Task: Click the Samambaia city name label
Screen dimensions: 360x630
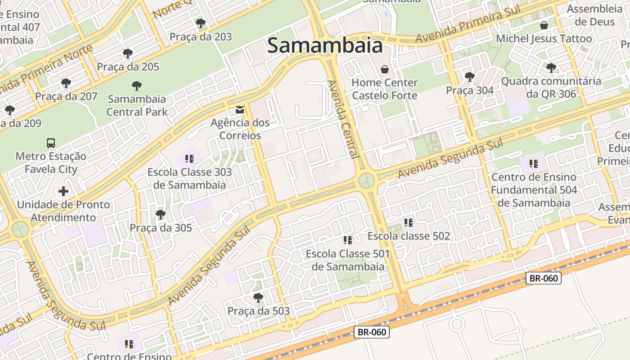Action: [325, 46]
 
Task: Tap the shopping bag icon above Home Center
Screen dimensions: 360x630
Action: [385, 69]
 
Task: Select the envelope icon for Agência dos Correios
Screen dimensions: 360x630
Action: [239, 110]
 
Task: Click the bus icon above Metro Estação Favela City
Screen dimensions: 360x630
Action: [51, 143]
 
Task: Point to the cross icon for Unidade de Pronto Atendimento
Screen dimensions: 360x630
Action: [63, 191]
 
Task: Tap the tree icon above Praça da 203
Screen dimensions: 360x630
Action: [201, 23]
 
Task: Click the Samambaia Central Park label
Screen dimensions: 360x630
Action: [137, 105]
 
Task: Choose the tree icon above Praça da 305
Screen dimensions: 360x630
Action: [160, 215]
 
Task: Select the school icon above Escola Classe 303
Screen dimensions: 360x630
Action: [189, 158]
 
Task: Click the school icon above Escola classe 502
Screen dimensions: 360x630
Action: [408, 222]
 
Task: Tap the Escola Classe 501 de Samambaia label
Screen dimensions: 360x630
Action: [348, 260]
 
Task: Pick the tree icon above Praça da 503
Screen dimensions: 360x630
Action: [258, 297]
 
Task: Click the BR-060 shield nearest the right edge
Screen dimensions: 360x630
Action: [544, 278]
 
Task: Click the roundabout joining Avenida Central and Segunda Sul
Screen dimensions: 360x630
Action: [366, 181]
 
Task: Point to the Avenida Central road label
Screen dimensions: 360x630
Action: [343, 119]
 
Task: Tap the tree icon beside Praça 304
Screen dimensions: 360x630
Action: [469, 77]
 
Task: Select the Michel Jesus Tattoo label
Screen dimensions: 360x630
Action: [544, 39]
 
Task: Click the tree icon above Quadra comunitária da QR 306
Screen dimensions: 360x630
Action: [551, 68]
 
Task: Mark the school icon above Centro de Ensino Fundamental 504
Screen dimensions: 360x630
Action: [534, 163]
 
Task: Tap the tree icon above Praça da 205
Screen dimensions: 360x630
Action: [128, 54]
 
